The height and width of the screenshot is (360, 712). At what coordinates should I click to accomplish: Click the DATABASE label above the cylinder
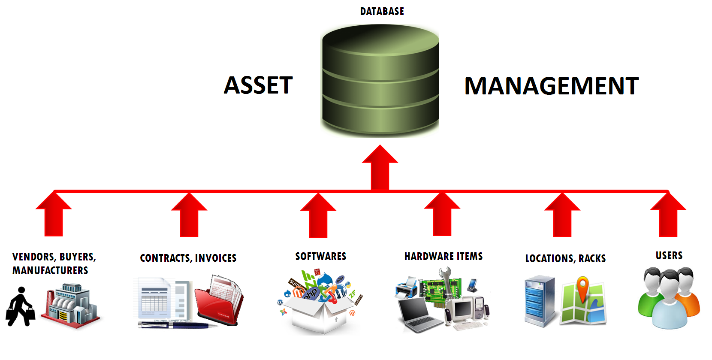coord(382,12)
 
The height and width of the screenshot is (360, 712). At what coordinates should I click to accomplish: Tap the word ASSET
coord(258,85)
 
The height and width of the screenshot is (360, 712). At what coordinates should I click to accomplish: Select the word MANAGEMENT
coord(552,86)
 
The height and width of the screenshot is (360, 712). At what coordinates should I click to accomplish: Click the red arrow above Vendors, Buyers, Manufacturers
coord(54,215)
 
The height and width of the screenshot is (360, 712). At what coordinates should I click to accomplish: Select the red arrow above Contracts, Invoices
coord(189,215)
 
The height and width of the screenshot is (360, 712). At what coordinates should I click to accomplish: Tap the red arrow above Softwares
coord(318,216)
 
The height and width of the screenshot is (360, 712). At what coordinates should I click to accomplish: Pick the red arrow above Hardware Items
coord(442,215)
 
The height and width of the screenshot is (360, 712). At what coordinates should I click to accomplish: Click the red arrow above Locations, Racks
coord(562,215)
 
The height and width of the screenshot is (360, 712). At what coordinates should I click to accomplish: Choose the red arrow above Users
coord(668,215)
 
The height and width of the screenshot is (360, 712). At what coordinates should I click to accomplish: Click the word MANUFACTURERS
coord(50,271)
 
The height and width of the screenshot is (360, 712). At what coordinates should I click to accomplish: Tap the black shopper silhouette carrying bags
coord(20,306)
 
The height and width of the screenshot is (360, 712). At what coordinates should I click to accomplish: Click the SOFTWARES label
coord(321,257)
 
